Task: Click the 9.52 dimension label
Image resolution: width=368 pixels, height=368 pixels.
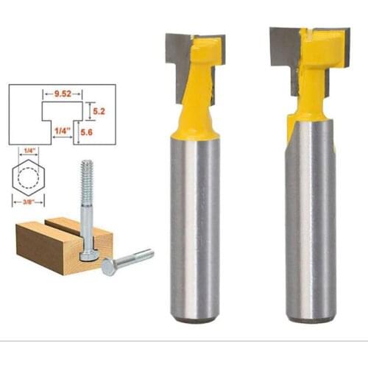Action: pos(57,94)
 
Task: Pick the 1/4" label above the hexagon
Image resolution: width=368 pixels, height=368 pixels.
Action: pos(30,151)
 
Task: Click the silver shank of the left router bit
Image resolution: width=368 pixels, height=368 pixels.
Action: pos(194,221)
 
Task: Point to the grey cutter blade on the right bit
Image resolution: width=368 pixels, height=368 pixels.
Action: pos(283,52)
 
